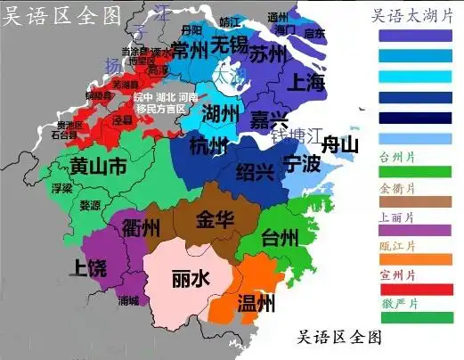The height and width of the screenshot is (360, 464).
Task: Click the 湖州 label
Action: (x=219, y=114)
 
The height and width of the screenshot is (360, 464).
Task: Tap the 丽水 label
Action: (x=190, y=278)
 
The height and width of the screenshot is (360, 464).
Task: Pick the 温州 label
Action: (x=256, y=303)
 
